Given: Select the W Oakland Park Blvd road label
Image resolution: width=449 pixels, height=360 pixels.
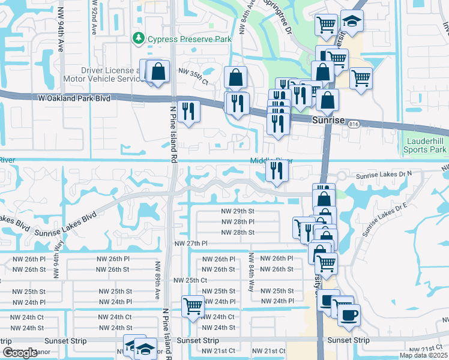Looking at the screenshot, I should click(74, 98).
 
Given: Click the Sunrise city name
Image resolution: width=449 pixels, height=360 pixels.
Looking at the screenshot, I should click(329, 120).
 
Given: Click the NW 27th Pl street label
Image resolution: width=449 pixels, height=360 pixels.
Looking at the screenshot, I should click(191, 244).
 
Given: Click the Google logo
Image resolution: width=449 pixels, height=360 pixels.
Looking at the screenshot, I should click(20, 353).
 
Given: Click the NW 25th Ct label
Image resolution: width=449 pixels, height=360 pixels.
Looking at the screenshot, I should click(190, 280).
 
